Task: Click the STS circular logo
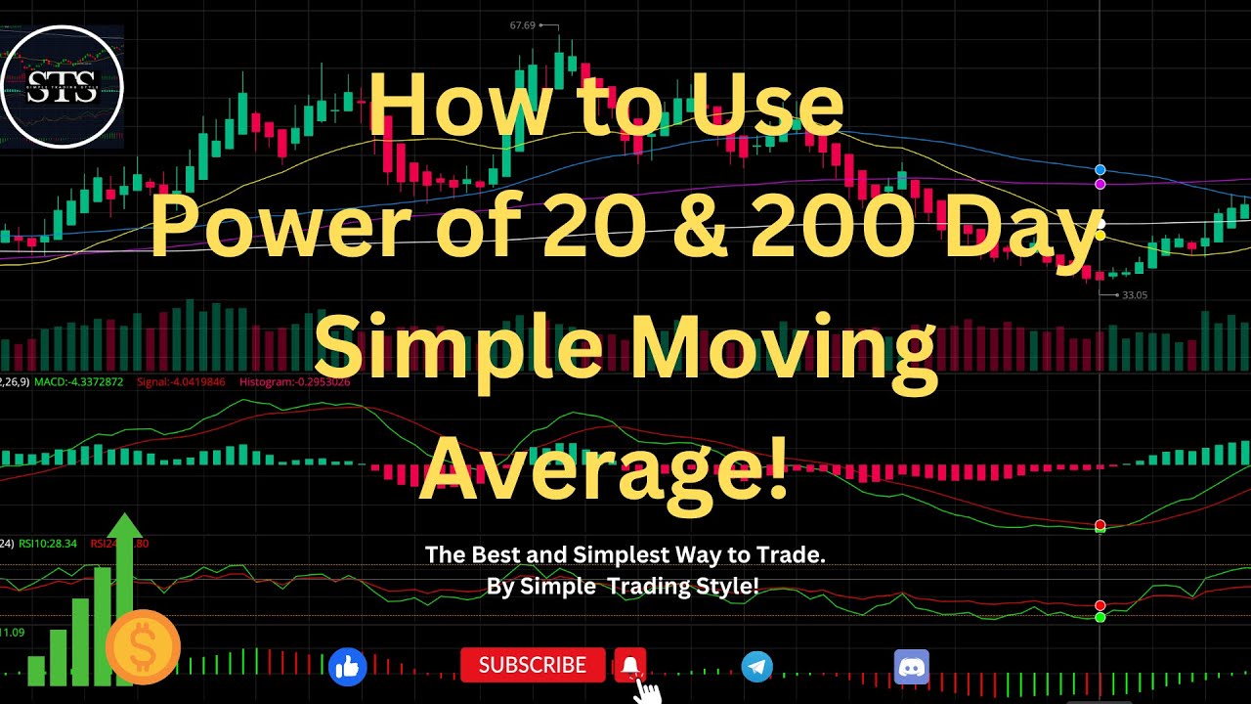click(x=63, y=86)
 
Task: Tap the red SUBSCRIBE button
click(x=533, y=666)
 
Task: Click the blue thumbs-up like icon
click(x=347, y=667)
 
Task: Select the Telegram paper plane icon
click(x=756, y=667)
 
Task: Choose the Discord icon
click(x=911, y=667)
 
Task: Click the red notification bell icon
click(x=630, y=666)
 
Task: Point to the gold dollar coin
click(x=143, y=646)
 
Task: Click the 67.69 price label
click(x=523, y=25)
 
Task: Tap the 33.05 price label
click(x=1135, y=294)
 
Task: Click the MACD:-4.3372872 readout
click(x=79, y=381)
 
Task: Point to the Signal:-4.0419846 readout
click(x=181, y=381)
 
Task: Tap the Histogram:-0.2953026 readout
click(x=294, y=381)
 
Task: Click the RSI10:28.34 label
click(x=46, y=544)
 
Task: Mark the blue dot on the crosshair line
click(x=1100, y=170)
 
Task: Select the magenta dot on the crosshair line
click(x=1100, y=184)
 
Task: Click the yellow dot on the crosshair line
click(x=1100, y=235)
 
